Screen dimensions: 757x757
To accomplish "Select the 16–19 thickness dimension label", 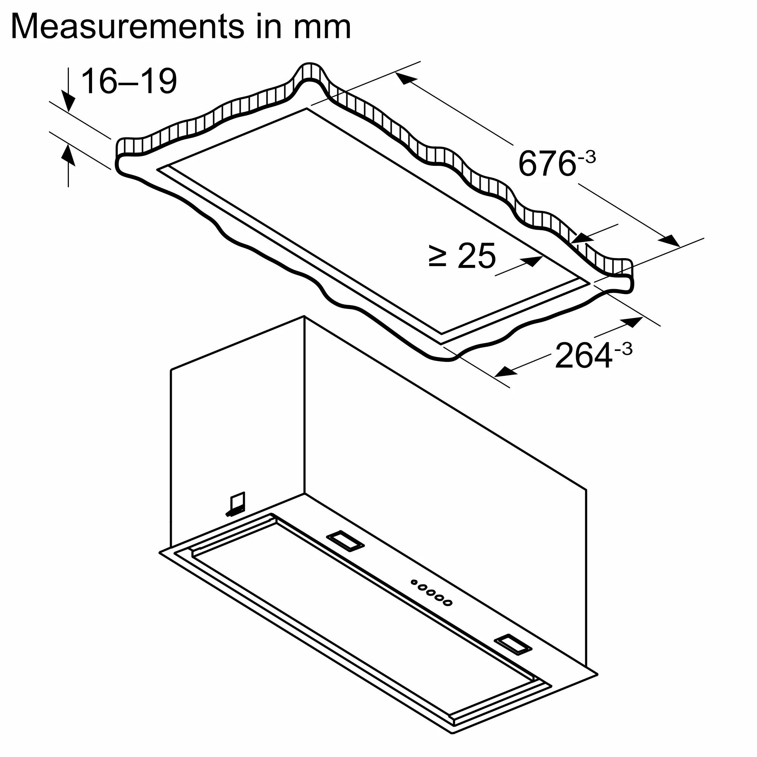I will click(x=129, y=81).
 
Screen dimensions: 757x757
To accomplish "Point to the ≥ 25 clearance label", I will click(x=463, y=256).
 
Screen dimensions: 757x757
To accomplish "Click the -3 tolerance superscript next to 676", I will click(x=587, y=157).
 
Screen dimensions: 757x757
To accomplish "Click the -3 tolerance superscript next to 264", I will click(x=623, y=349).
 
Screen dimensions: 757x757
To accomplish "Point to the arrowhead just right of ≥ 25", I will click(x=533, y=261).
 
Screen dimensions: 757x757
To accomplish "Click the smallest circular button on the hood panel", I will click(x=414, y=593).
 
